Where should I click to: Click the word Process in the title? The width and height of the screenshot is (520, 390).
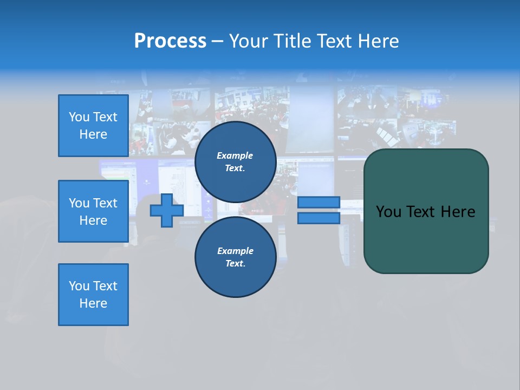[170, 41]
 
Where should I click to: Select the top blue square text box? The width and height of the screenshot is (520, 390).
[93, 126]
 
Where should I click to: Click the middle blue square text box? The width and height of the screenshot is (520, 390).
[93, 211]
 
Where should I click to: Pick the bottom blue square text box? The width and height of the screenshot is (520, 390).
[93, 295]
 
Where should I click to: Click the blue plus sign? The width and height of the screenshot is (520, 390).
[167, 210]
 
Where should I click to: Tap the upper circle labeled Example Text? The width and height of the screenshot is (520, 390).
[235, 162]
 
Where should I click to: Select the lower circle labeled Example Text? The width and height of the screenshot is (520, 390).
[235, 257]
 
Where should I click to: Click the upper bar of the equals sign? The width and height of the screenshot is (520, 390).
[318, 202]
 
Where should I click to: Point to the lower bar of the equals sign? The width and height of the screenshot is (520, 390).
[318, 218]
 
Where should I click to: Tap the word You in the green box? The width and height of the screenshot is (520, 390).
[389, 212]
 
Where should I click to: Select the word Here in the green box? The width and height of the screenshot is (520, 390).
[458, 212]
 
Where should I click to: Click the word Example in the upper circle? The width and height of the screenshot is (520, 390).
[235, 155]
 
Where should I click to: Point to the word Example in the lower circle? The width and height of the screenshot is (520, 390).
[235, 251]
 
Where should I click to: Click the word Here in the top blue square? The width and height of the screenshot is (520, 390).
[93, 134]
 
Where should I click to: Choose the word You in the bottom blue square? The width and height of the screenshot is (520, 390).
[79, 286]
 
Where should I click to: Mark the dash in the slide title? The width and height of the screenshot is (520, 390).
[217, 41]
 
